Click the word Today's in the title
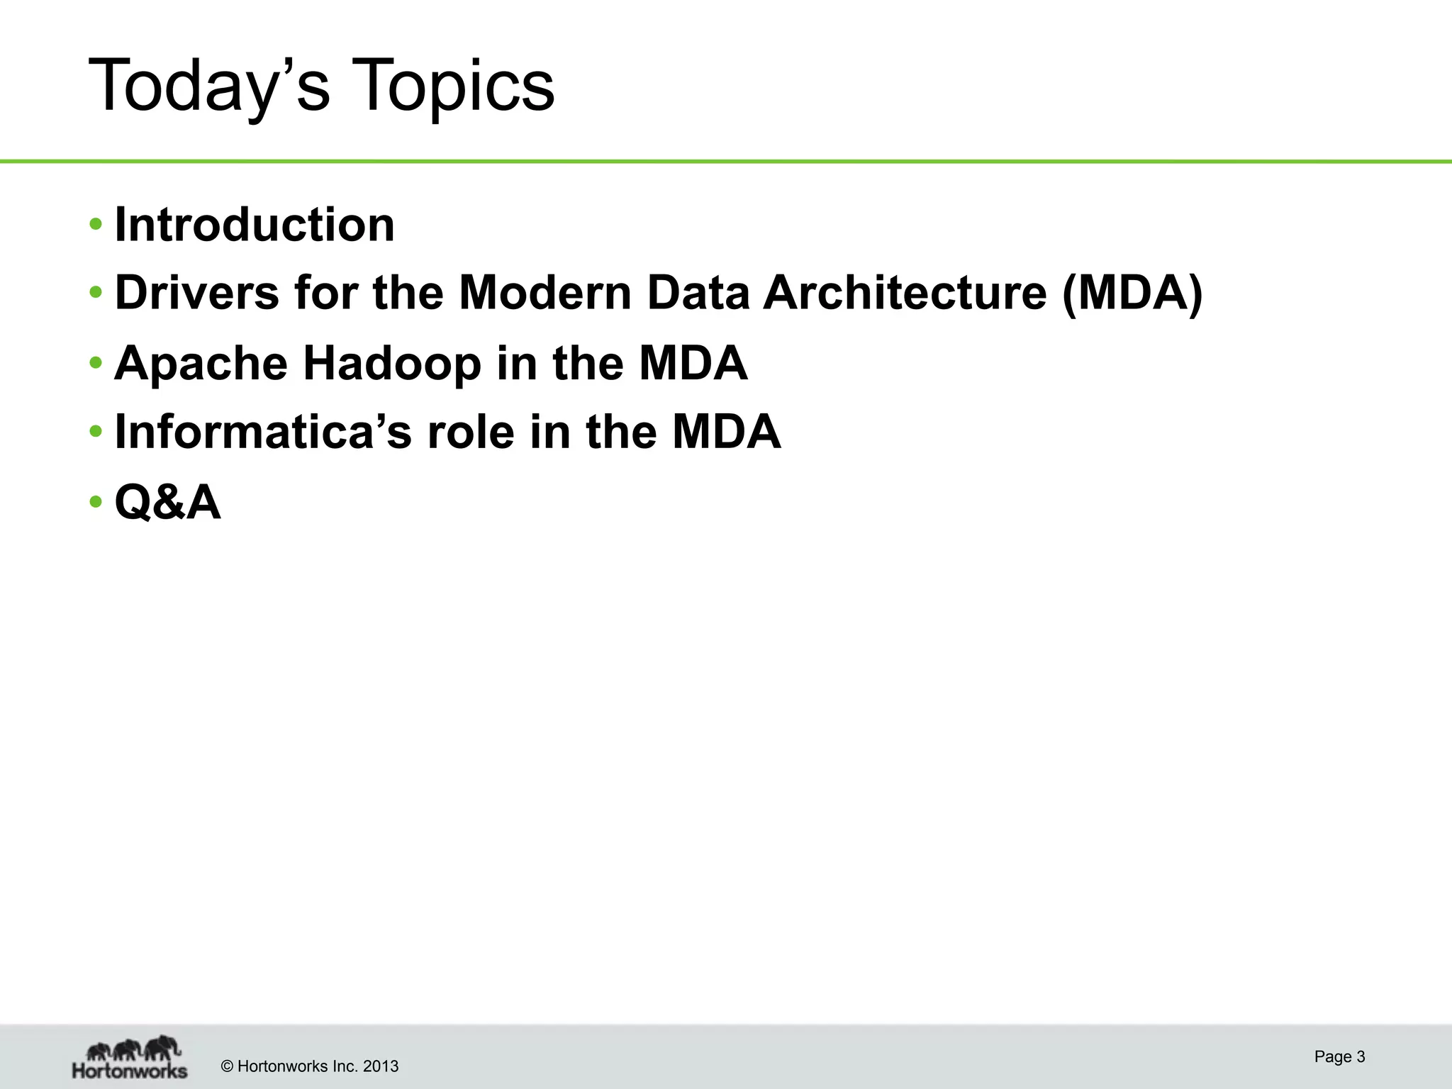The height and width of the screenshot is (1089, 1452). click(x=209, y=86)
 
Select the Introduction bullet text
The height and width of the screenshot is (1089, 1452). click(x=254, y=225)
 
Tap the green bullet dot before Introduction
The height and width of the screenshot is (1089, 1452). click(x=96, y=225)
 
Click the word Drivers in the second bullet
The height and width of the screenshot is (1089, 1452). click(x=196, y=292)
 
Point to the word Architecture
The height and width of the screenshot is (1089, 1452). click(x=904, y=292)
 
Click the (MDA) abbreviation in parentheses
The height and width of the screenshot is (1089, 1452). click(x=1132, y=292)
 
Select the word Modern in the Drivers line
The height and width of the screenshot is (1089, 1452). click(x=544, y=292)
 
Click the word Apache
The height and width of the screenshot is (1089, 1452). click(x=201, y=363)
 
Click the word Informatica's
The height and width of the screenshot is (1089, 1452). click(x=263, y=432)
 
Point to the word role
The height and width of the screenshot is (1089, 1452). click(x=471, y=432)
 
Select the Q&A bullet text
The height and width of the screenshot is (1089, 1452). click(x=168, y=502)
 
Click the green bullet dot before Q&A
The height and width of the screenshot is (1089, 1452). click(x=96, y=502)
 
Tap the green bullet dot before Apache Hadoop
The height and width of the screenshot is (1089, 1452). click(x=96, y=363)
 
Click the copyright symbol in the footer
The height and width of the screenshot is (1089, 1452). click(x=228, y=1066)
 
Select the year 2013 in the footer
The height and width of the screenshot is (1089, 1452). click(x=381, y=1066)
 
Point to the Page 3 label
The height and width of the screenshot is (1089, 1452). click(x=1339, y=1056)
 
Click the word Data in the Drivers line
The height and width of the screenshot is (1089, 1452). click(x=698, y=292)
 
